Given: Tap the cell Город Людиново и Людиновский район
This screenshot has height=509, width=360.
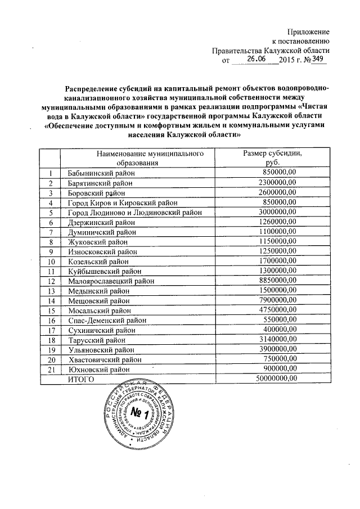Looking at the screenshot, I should coord(134,213).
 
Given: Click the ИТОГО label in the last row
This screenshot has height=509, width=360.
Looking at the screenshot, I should coord(80,380).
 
